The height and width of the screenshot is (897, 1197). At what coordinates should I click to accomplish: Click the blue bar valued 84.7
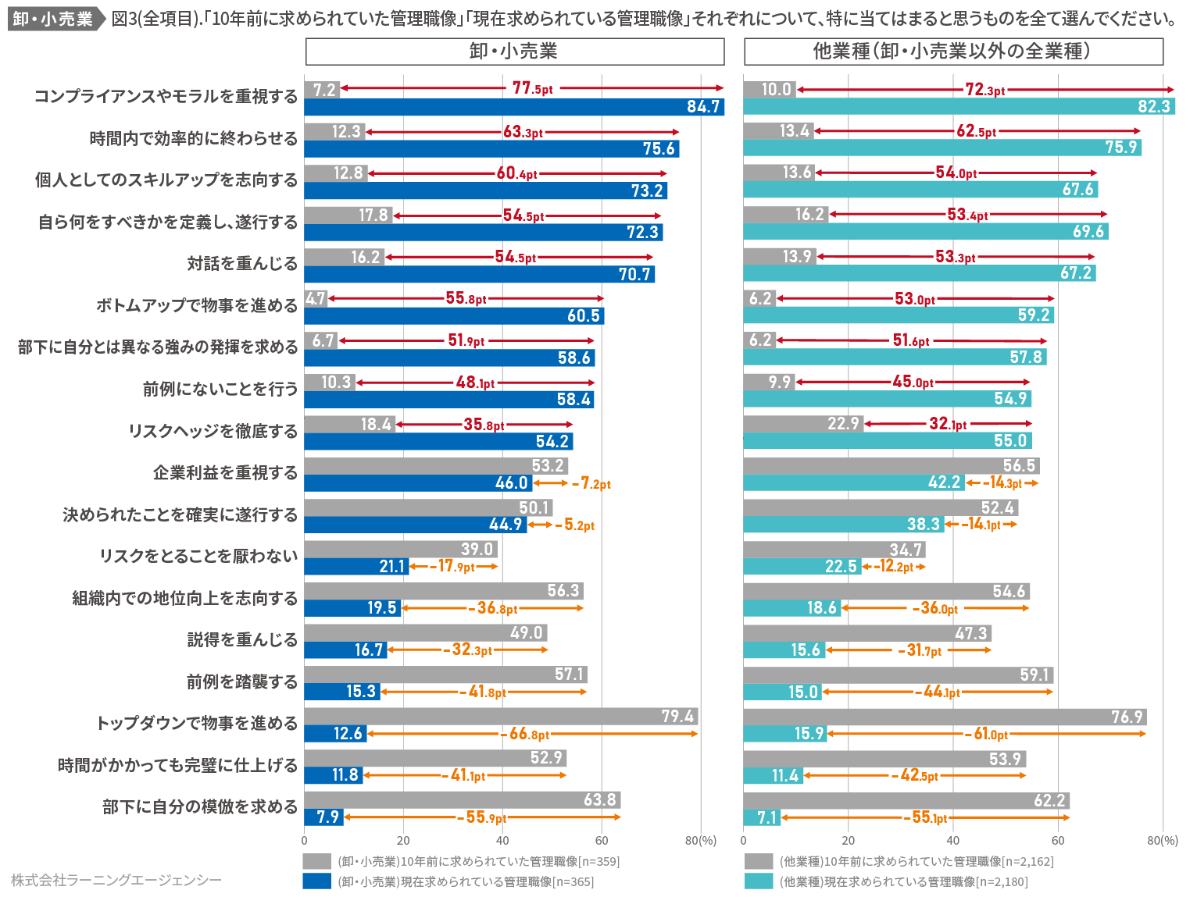pyautogui.click(x=513, y=107)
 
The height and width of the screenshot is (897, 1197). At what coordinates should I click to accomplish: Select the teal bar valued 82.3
pyautogui.click(x=959, y=106)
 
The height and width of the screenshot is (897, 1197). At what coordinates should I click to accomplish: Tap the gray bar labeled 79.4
pyautogui.click(x=500, y=717)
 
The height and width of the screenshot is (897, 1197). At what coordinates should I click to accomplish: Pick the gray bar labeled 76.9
pyautogui.click(x=944, y=717)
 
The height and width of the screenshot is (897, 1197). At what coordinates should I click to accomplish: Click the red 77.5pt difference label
pyautogui.click(x=532, y=88)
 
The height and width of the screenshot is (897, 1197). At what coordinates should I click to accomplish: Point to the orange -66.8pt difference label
pyautogui.click(x=528, y=734)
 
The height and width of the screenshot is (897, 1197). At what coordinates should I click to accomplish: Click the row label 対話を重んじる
pyautogui.click(x=242, y=264)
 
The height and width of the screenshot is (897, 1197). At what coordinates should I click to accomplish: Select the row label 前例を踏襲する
pyautogui.click(x=242, y=682)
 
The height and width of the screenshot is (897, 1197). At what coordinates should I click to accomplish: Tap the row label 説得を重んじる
pyautogui.click(x=242, y=640)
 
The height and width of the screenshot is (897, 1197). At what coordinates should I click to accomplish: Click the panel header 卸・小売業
pyautogui.click(x=514, y=52)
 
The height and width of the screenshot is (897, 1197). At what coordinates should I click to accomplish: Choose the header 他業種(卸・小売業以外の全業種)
pyautogui.click(x=952, y=52)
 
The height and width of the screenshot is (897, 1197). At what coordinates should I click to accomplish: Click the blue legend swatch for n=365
pyautogui.click(x=317, y=881)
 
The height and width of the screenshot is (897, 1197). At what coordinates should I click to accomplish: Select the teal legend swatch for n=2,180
pyautogui.click(x=758, y=881)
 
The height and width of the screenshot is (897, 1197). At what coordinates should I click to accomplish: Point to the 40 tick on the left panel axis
pyautogui.click(x=502, y=841)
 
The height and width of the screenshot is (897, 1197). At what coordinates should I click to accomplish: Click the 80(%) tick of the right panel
pyautogui.click(x=1162, y=841)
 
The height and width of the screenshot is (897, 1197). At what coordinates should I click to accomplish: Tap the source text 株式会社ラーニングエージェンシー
pyautogui.click(x=116, y=881)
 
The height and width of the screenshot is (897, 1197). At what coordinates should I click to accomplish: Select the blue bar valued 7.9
pyautogui.click(x=323, y=817)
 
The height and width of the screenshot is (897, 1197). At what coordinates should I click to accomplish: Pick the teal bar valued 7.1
pyautogui.click(x=761, y=817)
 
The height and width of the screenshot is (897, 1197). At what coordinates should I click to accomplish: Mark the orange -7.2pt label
pyautogui.click(x=591, y=484)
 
